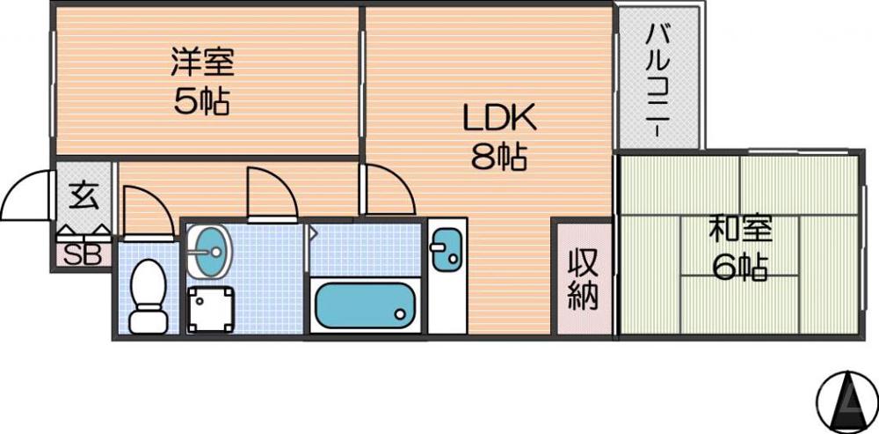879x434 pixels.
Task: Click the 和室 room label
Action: click(740, 229)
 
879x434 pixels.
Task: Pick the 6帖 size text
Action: click(740, 267)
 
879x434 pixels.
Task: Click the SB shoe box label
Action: click(84, 254)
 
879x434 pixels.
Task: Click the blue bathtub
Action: click(365, 305)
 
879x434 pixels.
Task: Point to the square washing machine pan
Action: click(212, 310)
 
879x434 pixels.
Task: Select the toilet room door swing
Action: click(145, 211)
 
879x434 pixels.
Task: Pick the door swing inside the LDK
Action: click(387, 189)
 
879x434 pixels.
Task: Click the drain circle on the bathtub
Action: click(401, 313)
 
